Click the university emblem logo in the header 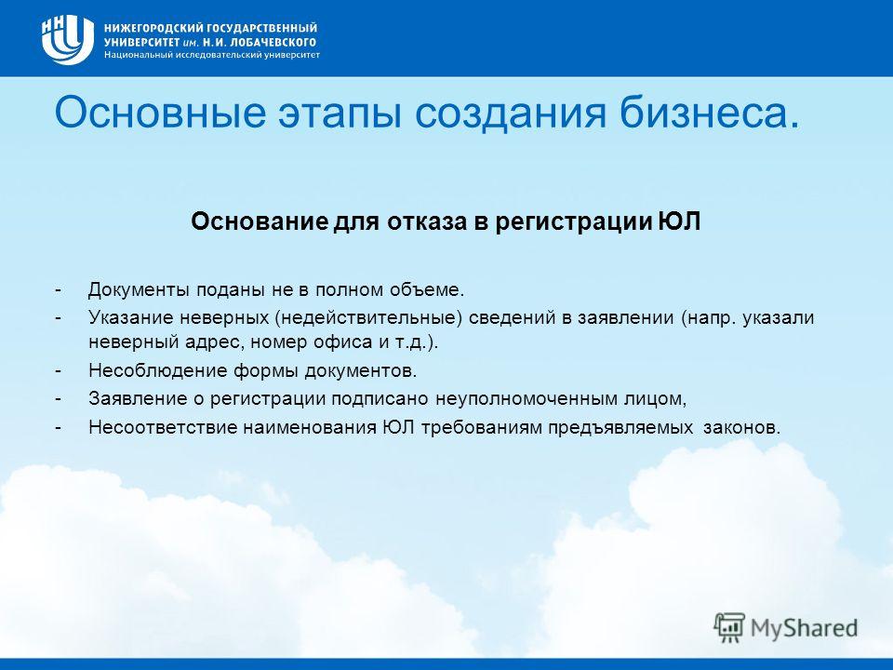coord(67,40)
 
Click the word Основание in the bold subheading coord(260,221)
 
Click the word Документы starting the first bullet coord(139,290)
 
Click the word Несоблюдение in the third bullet coord(158,371)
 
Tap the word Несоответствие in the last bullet coord(162,427)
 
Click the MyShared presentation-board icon coord(729,627)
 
